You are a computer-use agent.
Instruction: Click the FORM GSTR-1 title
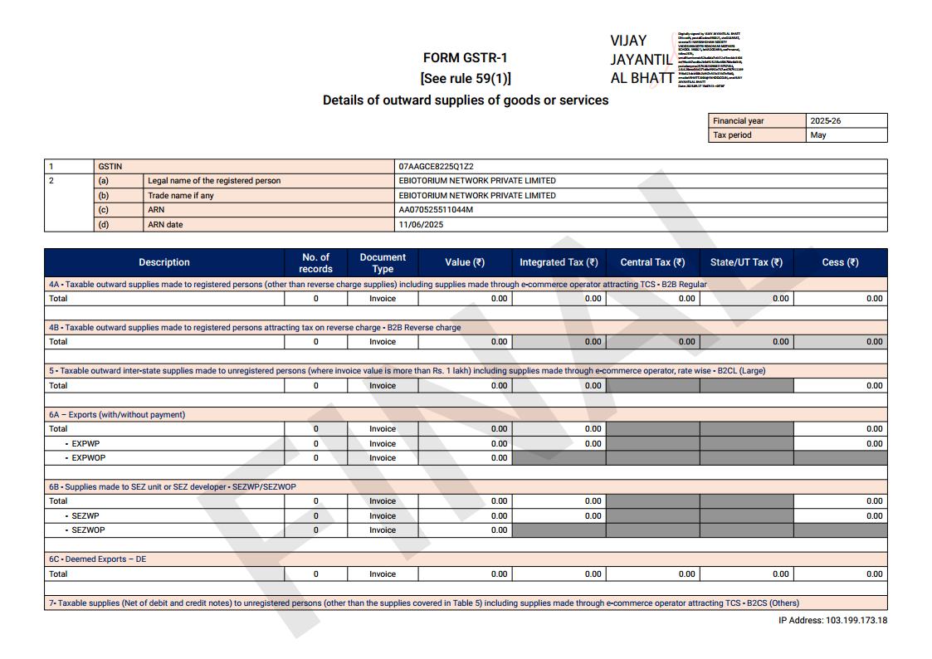click(x=465, y=58)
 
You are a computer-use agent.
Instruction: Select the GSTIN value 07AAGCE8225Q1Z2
click(x=436, y=167)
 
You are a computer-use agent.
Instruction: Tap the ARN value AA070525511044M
click(x=436, y=210)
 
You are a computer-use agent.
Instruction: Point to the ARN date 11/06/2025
click(x=421, y=225)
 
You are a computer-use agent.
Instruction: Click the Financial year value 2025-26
click(x=825, y=121)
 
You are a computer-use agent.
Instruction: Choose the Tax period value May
click(x=818, y=135)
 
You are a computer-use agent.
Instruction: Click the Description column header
click(x=164, y=262)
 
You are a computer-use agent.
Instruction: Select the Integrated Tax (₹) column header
click(x=559, y=262)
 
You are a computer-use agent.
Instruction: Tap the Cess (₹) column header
click(x=840, y=262)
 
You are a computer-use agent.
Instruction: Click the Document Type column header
click(x=383, y=262)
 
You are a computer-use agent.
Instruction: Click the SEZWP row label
click(x=85, y=516)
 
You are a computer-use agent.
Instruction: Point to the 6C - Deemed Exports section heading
click(x=97, y=559)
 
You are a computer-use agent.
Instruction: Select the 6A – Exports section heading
click(x=116, y=415)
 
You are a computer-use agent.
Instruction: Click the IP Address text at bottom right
click(x=832, y=621)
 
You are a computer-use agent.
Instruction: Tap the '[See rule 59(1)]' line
click(x=466, y=79)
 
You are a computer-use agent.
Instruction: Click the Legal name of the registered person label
click(x=214, y=181)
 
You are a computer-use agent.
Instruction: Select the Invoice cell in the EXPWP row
click(x=383, y=444)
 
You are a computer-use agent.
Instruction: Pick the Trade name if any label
click(x=180, y=196)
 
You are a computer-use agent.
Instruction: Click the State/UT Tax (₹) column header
click(x=746, y=262)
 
